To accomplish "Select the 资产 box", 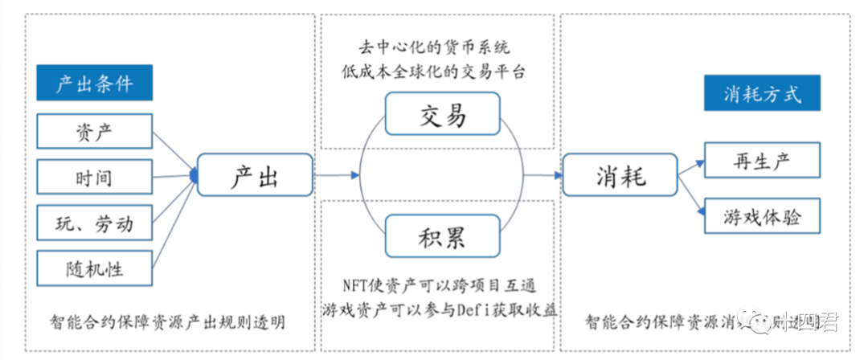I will (x=94, y=132).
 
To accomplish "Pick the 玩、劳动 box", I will (x=94, y=223).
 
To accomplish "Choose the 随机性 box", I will (x=94, y=268).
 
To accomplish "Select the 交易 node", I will (x=442, y=114).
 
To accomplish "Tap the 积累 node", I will (x=442, y=237).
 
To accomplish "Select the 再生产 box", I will (x=761, y=160).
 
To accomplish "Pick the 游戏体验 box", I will (x=761, y=215).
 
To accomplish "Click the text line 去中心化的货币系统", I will (x=441, y=47).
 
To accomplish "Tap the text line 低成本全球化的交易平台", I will (x=441, y=71).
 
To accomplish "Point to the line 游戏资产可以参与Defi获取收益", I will (x=441, y=309).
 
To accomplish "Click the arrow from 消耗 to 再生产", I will (x=690, y=167).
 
